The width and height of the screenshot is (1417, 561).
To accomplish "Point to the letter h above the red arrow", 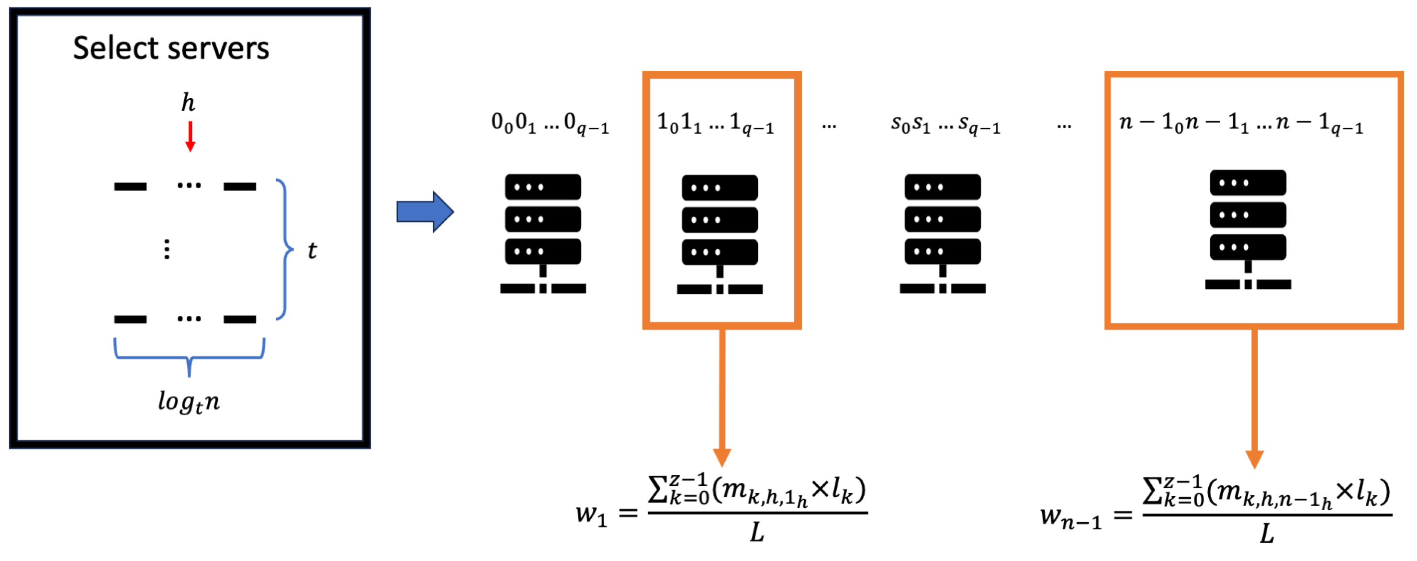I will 188,103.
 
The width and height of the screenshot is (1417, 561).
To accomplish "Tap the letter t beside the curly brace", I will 312,251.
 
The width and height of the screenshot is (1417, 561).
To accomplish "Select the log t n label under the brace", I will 189,402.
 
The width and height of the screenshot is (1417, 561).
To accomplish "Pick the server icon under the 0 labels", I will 543,233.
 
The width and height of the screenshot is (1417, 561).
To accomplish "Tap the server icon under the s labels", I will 942,233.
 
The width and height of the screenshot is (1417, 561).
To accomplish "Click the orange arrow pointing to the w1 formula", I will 722,396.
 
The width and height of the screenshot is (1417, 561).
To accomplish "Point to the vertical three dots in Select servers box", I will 167,250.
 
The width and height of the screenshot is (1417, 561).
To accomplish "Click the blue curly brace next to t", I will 284,250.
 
